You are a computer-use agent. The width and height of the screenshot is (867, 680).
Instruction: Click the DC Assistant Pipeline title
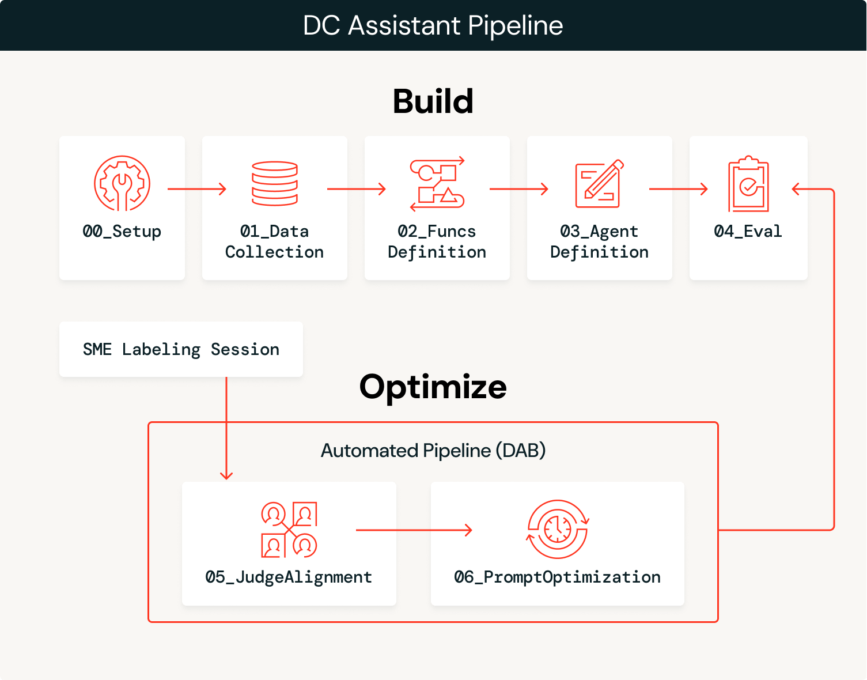tap(433, 25)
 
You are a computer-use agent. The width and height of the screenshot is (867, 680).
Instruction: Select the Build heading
tap(433, 101)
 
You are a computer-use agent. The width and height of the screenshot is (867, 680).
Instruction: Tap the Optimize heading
tap(433, 387)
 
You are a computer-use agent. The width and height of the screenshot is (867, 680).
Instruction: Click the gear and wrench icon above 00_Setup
tap(122, 183)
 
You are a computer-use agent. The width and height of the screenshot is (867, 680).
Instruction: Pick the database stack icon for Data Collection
tap(275, 183)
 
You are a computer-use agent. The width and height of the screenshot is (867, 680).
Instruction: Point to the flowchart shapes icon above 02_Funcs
tap(437, 184)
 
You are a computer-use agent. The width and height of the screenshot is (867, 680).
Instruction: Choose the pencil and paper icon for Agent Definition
tap(599, 184)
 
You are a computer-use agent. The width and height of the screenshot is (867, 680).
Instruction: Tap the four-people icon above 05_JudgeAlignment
tap(289, 530)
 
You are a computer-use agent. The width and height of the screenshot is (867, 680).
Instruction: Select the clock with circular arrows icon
tap(558, 529)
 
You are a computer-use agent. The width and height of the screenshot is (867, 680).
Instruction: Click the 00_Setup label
tap(122, 232)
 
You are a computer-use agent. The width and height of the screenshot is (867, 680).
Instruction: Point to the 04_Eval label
tap(748, 232)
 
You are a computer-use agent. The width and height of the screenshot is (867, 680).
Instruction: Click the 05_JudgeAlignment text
tap(289, 577)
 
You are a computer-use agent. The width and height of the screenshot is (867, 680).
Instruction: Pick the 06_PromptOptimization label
tap(557, 577)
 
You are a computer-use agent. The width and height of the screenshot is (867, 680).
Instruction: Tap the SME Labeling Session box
tap(181, 349)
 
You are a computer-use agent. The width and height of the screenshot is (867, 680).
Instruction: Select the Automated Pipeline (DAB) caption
tap(433, 451)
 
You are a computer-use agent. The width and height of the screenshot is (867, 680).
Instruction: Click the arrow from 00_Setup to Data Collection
tap(196, 189)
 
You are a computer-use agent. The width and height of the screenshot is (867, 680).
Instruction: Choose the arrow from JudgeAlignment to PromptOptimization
tap(414, 530)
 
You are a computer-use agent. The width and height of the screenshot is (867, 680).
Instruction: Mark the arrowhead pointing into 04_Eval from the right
tap(797, 189)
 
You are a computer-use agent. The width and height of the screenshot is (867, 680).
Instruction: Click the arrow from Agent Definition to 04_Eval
tap(678, 189)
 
